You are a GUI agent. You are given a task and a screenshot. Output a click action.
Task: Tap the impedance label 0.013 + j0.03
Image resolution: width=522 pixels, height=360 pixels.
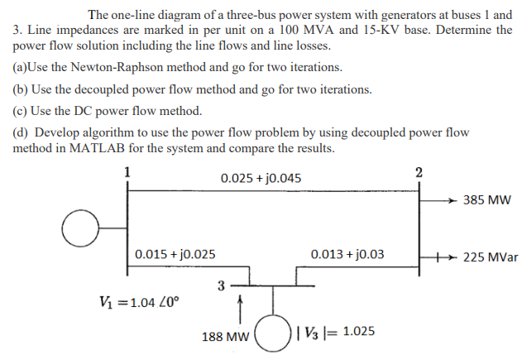347,254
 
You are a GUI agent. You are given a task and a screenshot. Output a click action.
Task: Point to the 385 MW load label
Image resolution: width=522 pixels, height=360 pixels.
487,200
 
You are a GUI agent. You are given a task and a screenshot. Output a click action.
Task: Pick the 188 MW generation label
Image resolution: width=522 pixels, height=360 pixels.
225,337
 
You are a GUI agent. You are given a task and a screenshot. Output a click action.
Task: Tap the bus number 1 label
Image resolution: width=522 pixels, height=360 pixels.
127,172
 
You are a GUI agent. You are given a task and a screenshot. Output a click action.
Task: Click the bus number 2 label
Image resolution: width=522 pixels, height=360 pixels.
419,172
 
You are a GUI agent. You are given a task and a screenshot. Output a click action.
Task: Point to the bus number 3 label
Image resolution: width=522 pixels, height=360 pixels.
221,286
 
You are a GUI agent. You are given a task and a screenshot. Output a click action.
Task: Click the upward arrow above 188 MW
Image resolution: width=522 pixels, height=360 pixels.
239,310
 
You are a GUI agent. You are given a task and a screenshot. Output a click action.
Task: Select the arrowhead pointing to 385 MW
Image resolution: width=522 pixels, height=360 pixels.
451,200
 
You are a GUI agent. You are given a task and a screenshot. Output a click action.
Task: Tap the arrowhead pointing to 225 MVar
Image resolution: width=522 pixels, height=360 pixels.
453,257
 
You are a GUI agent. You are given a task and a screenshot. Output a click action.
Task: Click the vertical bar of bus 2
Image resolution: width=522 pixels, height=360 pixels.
419,223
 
